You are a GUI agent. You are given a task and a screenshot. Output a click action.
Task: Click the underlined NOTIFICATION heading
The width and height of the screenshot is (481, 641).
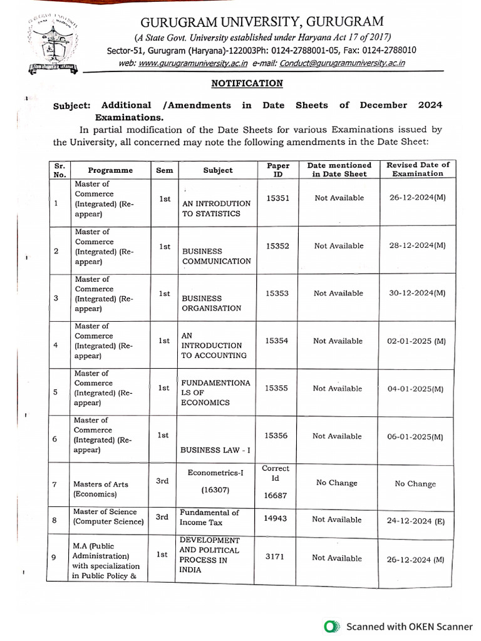[247, 83]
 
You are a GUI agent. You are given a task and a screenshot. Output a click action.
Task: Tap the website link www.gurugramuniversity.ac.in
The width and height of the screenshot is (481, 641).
[192, 63]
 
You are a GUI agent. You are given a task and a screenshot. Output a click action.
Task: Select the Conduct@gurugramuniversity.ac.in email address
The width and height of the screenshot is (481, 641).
[342, 63]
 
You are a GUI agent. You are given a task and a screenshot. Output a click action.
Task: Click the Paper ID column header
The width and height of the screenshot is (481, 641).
[278, 170]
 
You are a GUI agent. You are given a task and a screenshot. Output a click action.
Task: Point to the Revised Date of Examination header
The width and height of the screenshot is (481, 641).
[417, 169]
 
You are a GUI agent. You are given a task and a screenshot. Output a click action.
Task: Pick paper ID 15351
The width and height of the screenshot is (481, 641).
[277, 198]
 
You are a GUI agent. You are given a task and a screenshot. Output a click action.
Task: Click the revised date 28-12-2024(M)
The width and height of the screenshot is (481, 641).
[416, 245]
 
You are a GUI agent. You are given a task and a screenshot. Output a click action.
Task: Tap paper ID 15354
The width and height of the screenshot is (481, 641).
[277, 341]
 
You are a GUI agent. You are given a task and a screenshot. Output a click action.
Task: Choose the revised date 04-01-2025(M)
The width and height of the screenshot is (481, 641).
[415, 389]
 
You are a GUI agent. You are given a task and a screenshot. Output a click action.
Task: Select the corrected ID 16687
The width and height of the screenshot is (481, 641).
[276, 495]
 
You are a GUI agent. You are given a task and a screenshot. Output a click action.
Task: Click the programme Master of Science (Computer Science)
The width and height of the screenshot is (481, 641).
[108, 516]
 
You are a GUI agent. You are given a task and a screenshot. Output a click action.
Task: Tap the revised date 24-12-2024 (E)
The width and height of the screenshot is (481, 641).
[415, 520]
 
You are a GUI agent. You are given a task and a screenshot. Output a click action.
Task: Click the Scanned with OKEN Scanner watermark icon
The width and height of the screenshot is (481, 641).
[331, 626]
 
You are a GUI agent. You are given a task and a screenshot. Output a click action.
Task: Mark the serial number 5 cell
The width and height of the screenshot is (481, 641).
[56, 392]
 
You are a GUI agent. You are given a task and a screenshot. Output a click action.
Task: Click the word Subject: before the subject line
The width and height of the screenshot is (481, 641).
[72, 106]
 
